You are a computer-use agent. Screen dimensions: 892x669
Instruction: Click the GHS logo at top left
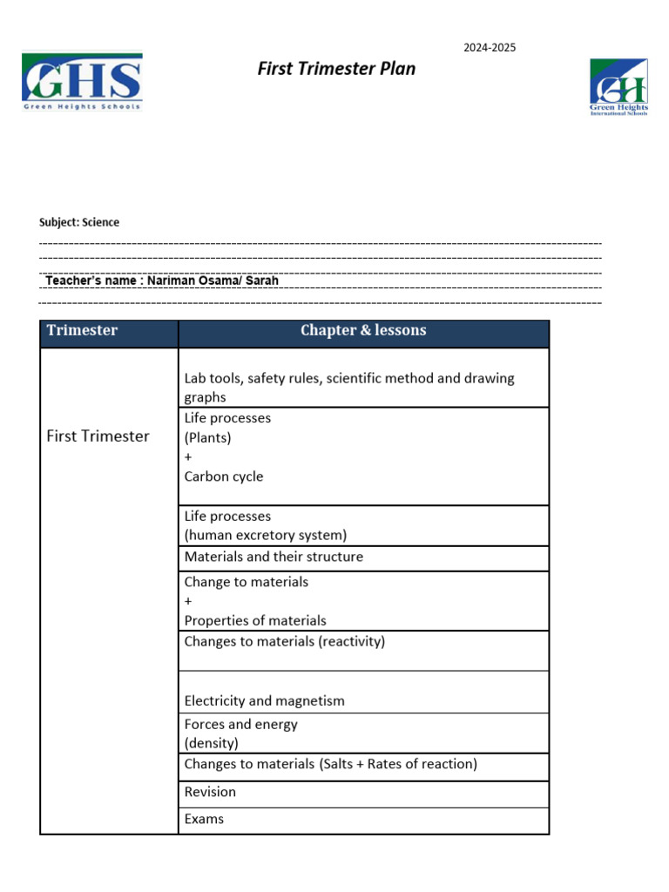click(x=82, y=81)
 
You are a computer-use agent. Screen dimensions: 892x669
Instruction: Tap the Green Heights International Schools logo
click(x=618, y=87)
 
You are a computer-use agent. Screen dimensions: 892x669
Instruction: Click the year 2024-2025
click(x=490, y=47)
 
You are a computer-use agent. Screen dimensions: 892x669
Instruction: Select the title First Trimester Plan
click(x=336, y=69)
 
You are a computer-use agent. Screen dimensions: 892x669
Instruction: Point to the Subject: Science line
click(x=79, y=222)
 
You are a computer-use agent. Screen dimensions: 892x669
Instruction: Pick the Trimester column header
click(x=82, y=330)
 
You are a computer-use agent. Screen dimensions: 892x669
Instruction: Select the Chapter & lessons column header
click(x=363, y=330)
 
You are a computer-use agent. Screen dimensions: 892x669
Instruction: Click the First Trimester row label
click(x=98, y=436)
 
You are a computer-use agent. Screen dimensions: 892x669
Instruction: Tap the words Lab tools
click(x=212, y=378)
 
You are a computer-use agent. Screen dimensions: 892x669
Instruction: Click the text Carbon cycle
click(x=223, y=476)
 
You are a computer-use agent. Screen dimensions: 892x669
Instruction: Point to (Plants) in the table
click(x=207, y=437)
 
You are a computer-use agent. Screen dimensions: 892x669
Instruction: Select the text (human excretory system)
click(x=266, y=535)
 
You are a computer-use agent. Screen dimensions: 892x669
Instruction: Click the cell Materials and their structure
click(x=274, y=557)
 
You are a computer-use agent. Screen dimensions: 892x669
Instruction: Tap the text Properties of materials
click(x=255, y=620)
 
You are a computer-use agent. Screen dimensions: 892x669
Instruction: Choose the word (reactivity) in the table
click(x=351, y=642)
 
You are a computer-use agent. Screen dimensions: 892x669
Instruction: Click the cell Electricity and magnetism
click(x=264, y=700)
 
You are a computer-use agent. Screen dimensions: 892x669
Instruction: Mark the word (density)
click(x=211, y=743)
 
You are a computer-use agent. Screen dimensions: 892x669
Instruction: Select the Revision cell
click(x=210, y=792)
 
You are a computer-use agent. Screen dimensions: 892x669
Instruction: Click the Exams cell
click(x=204, y=819)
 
